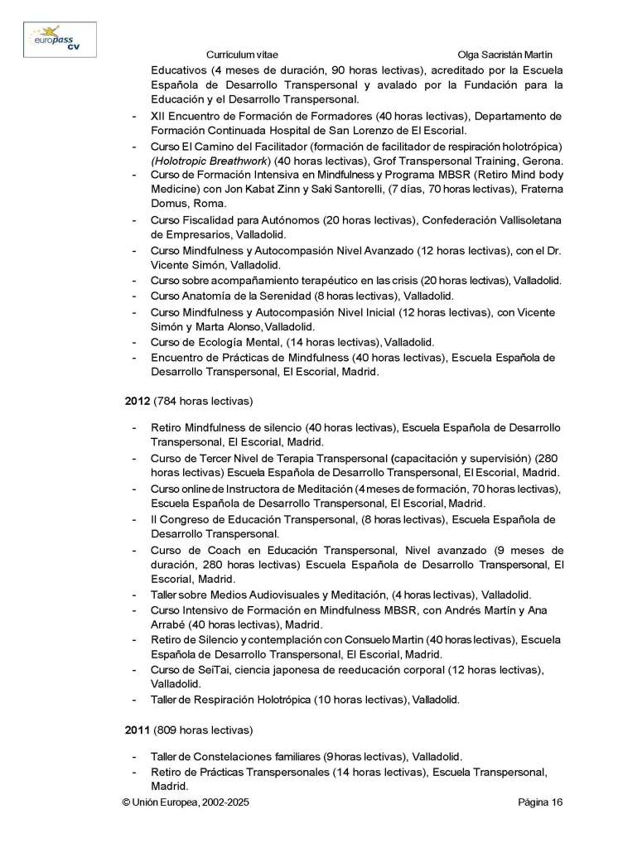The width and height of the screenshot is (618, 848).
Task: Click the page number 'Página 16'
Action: coord(540,802)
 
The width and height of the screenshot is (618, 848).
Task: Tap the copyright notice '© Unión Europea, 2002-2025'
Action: coord(186,802)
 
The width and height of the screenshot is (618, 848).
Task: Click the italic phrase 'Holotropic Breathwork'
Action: coord(205,161)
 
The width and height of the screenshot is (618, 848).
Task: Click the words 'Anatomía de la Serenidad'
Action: coord(249,296)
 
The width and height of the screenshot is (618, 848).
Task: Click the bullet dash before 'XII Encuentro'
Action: coord(135,116)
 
